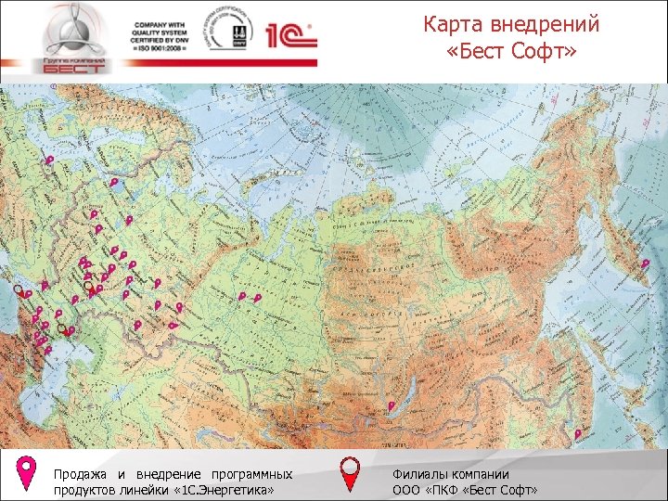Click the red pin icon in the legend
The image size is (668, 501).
[x=351, y=471]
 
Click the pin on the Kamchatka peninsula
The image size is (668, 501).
[x=646, y=263]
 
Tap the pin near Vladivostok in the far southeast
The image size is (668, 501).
[x=578, y=433]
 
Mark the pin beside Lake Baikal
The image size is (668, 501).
[x=392, y=405]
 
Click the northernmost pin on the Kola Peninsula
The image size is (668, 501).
[x=49, y=160]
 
